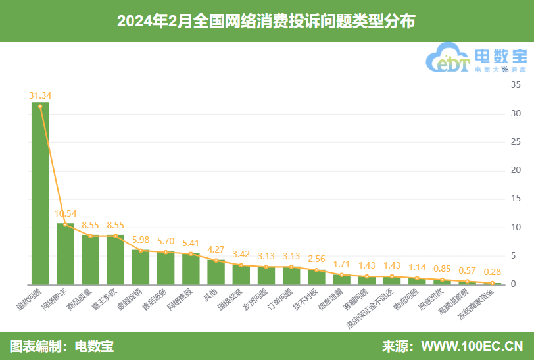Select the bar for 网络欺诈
(65, 254)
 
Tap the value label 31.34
(40, 95)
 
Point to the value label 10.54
(66, 213)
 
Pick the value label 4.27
(216, 249)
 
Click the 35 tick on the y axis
(516, 85)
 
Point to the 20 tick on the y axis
(516, 170)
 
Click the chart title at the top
(266, 21)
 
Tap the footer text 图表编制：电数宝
(62, 346)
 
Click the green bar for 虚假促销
(141, 267)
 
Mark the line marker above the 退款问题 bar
(40, 107)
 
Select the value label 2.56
(317, 259)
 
